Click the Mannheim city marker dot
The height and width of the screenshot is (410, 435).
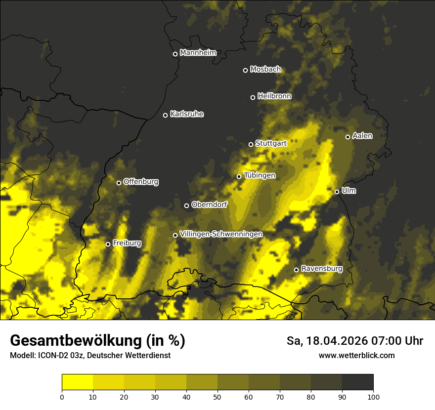point(175,54)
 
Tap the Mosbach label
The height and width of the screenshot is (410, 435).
point(265,70)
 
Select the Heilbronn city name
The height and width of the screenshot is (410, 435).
point(274,96)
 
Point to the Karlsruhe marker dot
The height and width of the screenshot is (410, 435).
point(165,115)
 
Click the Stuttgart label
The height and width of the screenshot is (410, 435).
point(271,144)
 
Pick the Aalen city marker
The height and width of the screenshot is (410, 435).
point(348,137)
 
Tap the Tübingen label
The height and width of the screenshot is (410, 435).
point(260,175)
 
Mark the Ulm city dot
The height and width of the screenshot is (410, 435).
point(337,192)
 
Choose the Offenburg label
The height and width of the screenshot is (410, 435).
point(141,182)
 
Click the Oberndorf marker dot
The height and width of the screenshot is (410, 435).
point(186,205)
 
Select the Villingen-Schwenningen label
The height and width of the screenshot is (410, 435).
point(221,234)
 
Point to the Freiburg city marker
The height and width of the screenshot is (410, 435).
point(108,244)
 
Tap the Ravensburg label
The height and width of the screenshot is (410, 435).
point(322,269)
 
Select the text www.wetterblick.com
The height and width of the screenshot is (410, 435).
point(356,356)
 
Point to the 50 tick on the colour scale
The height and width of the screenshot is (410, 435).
point(217,396)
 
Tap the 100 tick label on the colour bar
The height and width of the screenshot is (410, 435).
point(373,396)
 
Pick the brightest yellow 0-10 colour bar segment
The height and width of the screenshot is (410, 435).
point(77,382)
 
